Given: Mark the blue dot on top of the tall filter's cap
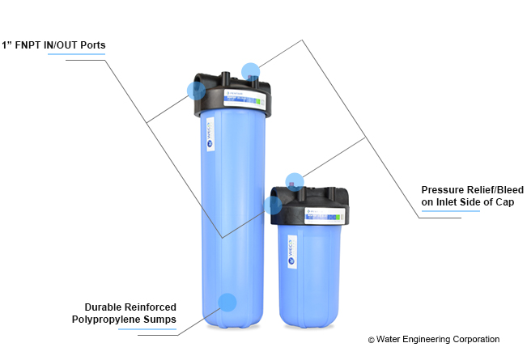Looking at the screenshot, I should tap(251, 71).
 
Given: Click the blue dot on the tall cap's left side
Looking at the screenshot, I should tap(196, 90).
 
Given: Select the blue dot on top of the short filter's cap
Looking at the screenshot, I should tap(295, 181).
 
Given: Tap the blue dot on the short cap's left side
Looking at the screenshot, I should tap(273, 205).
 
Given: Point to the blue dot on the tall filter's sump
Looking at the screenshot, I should tap(227, 303).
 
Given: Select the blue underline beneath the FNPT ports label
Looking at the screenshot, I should tap(76, 54).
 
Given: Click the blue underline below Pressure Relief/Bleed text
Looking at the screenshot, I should tap(450, 211).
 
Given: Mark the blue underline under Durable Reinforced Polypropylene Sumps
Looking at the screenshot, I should tap(147, 330).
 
